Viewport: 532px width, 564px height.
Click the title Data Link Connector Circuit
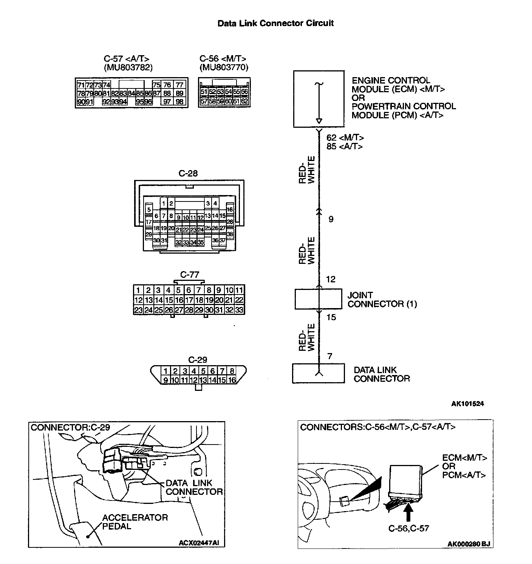click(275, 23)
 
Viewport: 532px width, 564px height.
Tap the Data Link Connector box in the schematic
click(318, 373)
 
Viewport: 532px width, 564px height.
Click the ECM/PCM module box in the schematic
click(319, 99)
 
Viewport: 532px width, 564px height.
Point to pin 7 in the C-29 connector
click(223, 371)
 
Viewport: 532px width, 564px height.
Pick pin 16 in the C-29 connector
click(232, 380)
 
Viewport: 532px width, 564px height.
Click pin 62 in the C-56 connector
click(244, 101)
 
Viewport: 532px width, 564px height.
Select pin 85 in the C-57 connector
click(139, 93)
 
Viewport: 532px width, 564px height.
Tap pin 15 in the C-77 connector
click(169, 300)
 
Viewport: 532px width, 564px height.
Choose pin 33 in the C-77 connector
click(239, 310)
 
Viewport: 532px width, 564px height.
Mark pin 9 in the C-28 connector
click(178, 217)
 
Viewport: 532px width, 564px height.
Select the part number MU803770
click(224, 68)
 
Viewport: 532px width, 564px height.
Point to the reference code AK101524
click(467, 403)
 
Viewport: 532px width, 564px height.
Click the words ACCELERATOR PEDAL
click(135, 522)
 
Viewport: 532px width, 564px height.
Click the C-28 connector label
click(188, 173)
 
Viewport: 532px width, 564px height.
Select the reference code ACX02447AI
click(199, 543)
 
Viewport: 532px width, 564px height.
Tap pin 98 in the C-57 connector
click(179, 102)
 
